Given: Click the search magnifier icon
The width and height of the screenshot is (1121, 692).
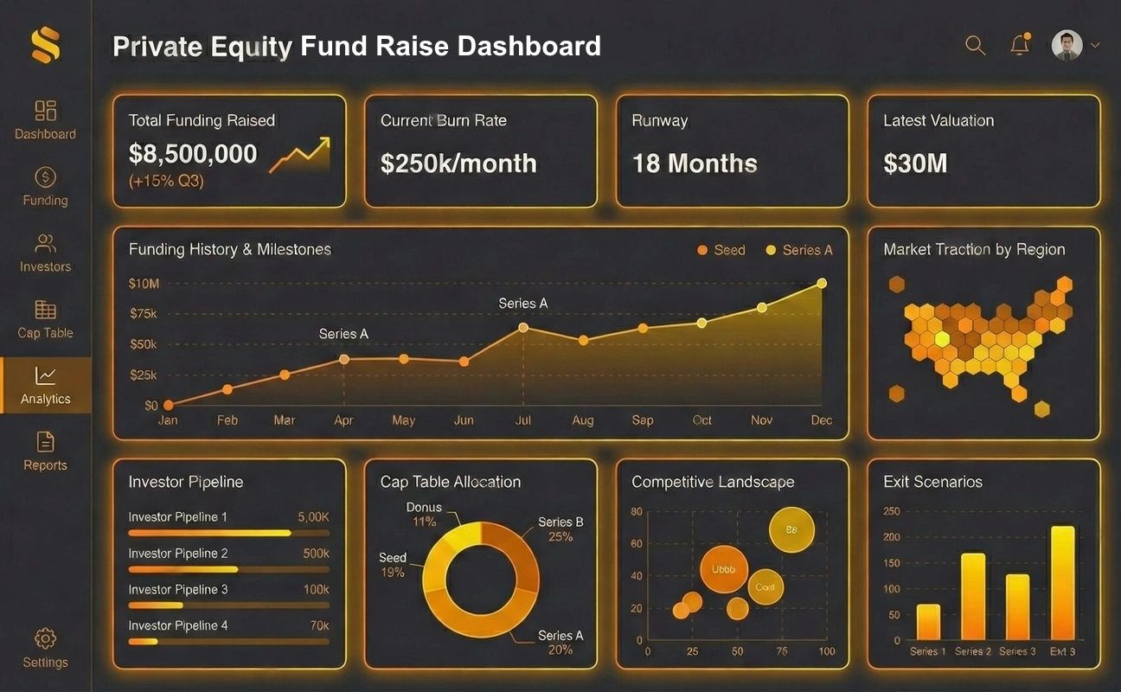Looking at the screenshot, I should click(975, 46).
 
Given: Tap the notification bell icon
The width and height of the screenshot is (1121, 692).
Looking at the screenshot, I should click(1020, 46).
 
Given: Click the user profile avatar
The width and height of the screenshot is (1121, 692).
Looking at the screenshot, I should click(1067, 46).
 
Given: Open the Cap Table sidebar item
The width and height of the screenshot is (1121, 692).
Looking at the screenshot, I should click(45, 319).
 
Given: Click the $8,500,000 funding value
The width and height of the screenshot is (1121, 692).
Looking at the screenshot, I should click(193, 154).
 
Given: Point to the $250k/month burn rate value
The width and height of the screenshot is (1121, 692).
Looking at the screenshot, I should click(458, 163).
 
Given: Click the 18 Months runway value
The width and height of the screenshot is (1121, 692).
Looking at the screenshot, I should click(695, 163).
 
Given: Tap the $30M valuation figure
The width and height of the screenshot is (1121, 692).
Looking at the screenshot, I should click(915, 163).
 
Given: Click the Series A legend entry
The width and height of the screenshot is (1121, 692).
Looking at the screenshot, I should click(798, 250).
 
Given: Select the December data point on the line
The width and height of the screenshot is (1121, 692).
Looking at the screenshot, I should click(822, 283).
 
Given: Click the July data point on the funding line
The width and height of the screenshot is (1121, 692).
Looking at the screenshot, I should click(523, 327).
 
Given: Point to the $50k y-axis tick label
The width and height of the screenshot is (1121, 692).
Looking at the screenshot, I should click(143, 344).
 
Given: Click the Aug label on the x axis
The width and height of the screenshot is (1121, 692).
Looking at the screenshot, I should click(583, 420).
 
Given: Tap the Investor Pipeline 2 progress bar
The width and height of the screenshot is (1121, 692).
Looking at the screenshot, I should click(228, 569).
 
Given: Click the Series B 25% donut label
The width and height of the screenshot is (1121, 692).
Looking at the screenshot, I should click(560, 529).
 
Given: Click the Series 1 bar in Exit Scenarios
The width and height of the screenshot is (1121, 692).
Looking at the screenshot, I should click(928, 622).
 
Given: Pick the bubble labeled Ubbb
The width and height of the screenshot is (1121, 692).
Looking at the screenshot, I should click(723, 569).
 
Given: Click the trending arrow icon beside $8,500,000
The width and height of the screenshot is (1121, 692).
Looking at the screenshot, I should click(300, 155).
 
